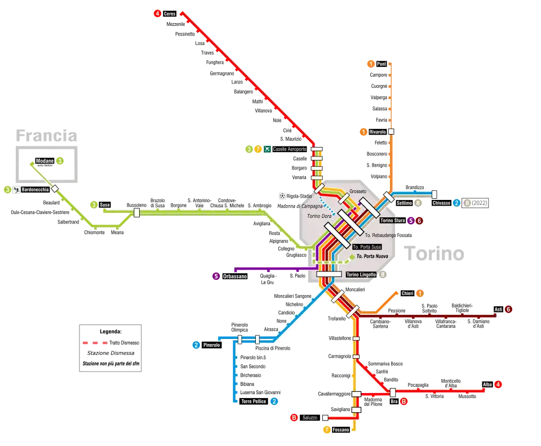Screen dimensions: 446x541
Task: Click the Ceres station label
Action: [x=170, y=14]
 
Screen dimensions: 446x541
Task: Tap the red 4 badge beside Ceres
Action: [x=157, y=14]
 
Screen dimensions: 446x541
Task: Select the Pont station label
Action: [x=382, y=64]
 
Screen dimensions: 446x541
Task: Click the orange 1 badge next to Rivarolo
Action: [x=365, y=132]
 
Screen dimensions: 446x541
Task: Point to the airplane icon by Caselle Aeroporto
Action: [x=267, y=149]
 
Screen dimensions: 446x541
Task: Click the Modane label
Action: [x=45, y=161]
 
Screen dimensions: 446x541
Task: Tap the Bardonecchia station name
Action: [x=35, y=190]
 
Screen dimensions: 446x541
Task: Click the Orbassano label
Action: [x=234, y=276]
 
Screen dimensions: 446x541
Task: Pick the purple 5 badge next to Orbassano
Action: [x=216, y=276]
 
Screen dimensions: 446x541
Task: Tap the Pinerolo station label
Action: [x=211, y=345]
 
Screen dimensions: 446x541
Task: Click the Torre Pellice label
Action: [x=253, y=402]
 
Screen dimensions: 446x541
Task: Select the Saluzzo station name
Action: [x=310, y=418]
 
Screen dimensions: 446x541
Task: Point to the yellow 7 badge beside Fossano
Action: [x=326, y=430]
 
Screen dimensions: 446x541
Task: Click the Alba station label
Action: [x=487, y=385]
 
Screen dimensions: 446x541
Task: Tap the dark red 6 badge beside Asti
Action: [x=508, y=309]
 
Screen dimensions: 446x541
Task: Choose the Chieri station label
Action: [x=407, y=293]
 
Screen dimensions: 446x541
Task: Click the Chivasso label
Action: [x=442, y=203]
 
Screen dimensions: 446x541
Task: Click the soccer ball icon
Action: [x=282, y=196]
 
